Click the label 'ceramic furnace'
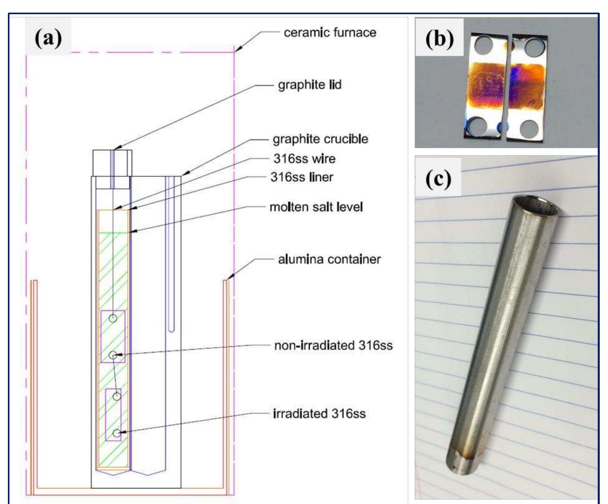coord(330,32)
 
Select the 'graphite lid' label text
coord(310,85)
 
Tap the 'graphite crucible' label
coord(320,139)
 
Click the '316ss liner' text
coord(301,177)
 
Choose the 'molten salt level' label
coord(316,207)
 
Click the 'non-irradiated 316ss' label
coord(333,345)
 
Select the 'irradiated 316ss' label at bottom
coord(319,414)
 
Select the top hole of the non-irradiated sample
coord(113,318)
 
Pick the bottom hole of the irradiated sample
coord(116,433)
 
